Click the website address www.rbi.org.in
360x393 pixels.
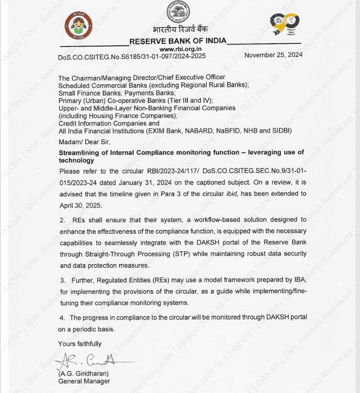[x=180, y=49]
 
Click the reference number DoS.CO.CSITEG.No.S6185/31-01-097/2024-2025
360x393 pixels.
[x=131, y=57]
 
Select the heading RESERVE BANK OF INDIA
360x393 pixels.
[x=178, y=41]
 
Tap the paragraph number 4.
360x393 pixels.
[x=62, y=318]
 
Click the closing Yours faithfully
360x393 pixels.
[x=80, y=343]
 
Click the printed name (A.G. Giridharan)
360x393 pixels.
[x=84, y=373]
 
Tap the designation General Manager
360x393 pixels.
[x=84, y=381]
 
